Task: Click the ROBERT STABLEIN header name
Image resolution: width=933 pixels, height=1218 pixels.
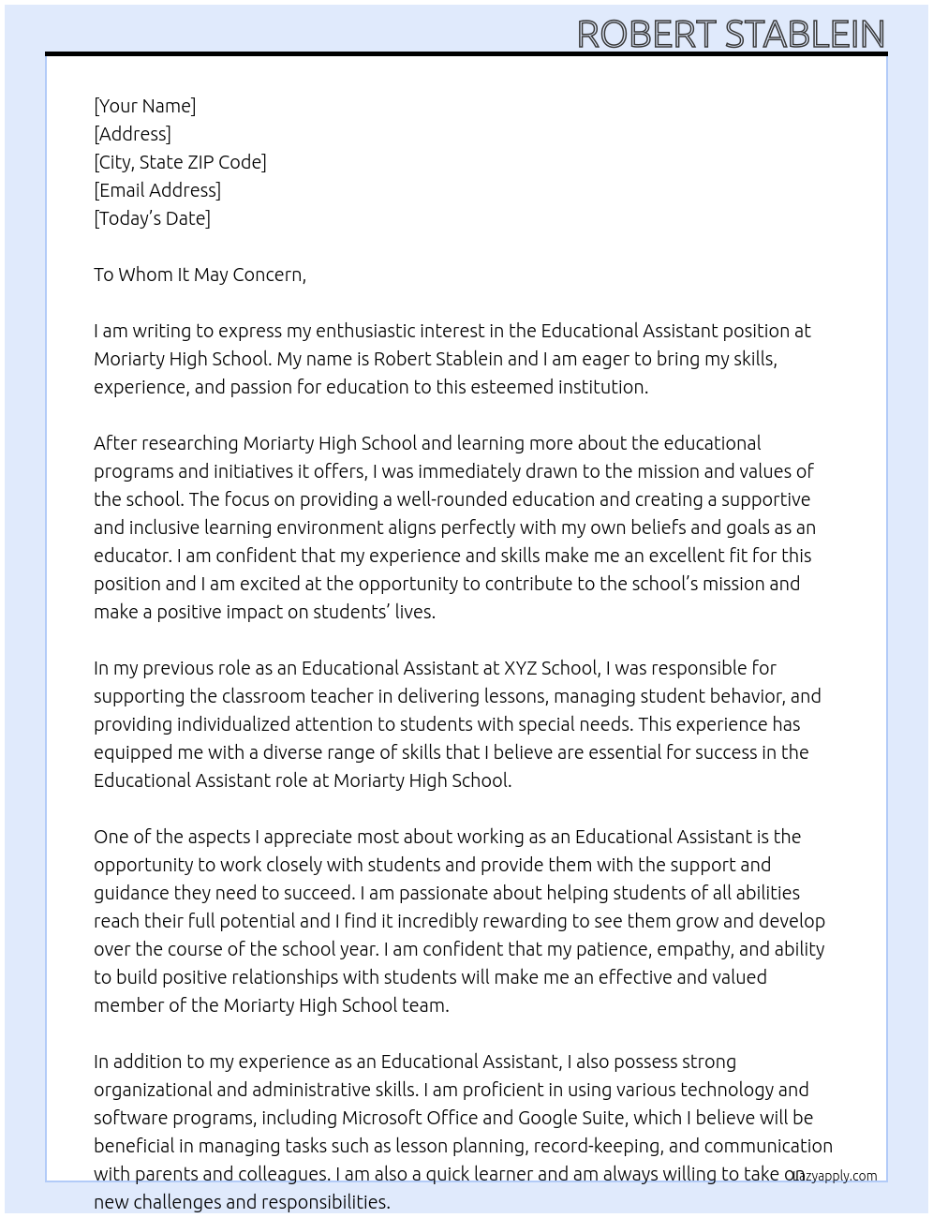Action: click(x=731, y=34)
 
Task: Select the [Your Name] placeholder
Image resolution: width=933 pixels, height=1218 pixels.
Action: click(x=145, y=106)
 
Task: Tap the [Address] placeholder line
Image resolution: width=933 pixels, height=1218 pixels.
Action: click(x=132, y=134)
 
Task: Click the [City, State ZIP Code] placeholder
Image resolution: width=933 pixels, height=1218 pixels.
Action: click(x=180, y=162)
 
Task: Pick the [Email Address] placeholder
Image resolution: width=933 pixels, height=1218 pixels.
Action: click(x=157, y=190)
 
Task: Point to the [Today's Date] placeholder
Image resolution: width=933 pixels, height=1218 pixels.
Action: click(x=152, y=218)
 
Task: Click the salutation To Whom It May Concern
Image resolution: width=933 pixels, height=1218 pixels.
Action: click(x=200, y=275)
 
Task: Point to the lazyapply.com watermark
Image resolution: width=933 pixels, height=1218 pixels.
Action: click(x=833, y=1176)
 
